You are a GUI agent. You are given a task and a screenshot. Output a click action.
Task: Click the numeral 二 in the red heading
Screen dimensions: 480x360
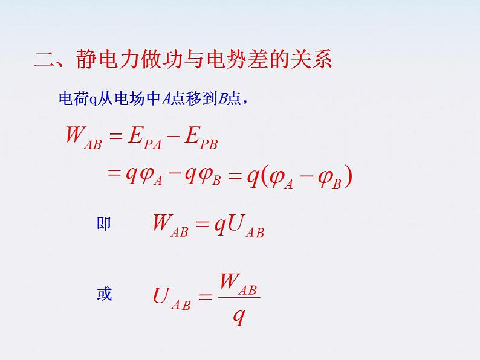[45, 59]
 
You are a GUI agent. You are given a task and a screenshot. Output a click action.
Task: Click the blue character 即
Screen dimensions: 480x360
[103, 223]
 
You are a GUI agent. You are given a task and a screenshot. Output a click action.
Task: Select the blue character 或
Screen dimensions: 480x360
[104, 294]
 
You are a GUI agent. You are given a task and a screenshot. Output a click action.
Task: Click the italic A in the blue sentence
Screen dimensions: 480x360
[166, 98]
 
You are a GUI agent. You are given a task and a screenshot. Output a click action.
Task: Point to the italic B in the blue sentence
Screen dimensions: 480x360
[222, 98]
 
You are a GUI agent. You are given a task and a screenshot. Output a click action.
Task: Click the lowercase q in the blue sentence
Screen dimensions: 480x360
[93, 100]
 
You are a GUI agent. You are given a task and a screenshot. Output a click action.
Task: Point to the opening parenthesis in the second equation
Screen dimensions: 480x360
[264, 176]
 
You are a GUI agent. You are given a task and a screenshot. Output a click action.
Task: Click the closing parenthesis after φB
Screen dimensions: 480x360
[348, 176]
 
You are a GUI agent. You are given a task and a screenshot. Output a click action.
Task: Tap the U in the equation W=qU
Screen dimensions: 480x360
[236, 223]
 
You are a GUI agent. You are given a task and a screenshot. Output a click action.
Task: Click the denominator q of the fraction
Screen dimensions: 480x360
[239, 317]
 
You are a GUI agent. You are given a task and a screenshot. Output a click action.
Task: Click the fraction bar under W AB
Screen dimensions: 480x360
[239, 297]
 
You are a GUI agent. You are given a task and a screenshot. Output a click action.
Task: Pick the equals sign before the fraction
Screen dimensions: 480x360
[205, 297]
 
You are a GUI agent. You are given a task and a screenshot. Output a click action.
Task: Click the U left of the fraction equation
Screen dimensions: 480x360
[161, 295]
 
